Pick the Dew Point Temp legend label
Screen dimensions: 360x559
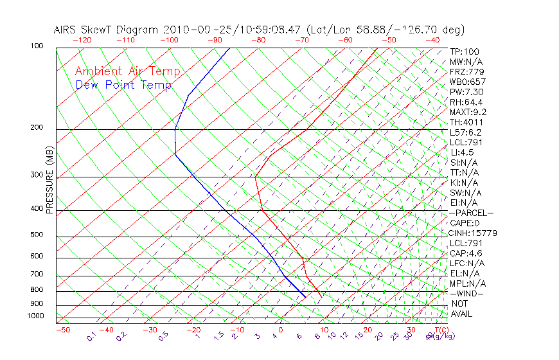[x=123, y=85]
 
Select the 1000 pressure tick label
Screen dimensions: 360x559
[x=36, y=316]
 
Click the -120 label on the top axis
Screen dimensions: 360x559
[x=82, y=39]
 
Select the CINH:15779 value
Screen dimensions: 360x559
[x=474, y=233]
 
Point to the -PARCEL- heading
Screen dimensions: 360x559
[x=472, y=213]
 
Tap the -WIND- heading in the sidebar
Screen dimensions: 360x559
[x=467, y=293]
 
